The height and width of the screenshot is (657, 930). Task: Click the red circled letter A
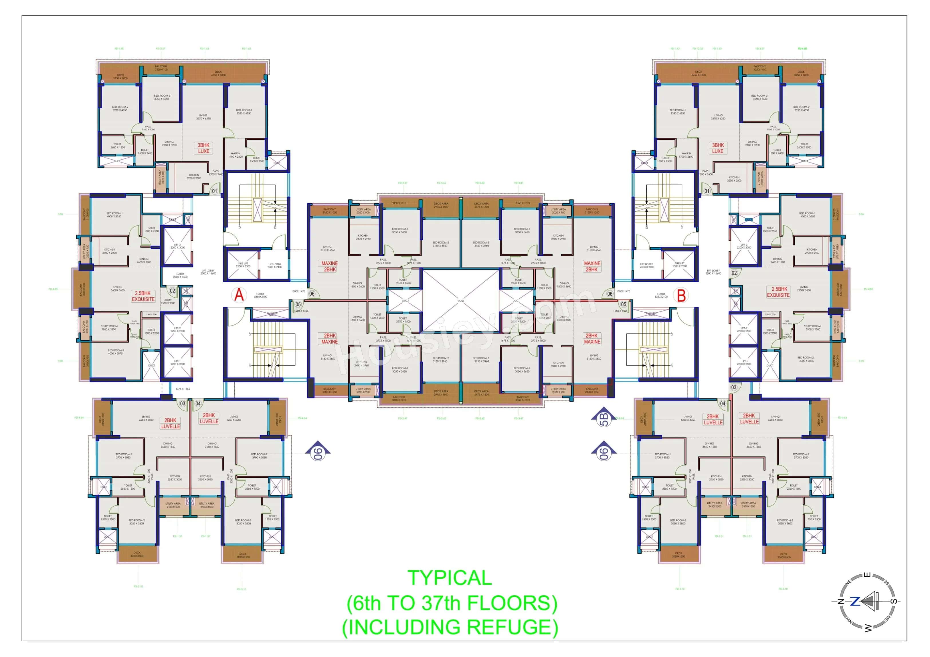(x=239, y=294)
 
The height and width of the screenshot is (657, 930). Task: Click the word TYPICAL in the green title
(x=450, y=578)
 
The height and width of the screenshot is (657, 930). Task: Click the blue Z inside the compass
(x=854, y=602)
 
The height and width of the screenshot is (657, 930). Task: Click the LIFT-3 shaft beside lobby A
(x=177, y=246)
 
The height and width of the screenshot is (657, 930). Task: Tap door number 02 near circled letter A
(x=173, y=291)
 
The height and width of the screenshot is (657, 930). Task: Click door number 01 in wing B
(x=707, y=191)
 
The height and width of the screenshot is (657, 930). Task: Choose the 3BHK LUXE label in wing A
(x=204, y=148)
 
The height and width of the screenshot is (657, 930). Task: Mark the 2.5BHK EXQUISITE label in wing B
(x=778, y=292)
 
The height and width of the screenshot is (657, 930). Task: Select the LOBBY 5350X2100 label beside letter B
(x=661, y=295)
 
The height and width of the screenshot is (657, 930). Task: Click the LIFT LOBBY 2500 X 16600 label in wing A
(x=208, y=272)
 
